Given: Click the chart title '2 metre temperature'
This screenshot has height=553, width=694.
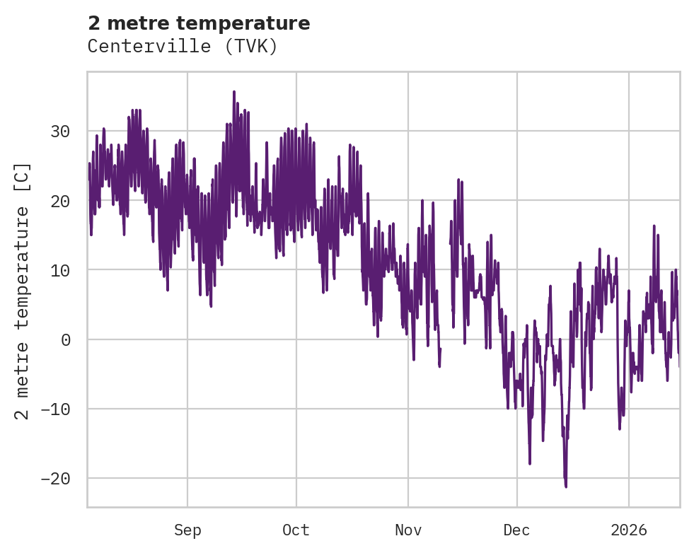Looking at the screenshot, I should (199, 23).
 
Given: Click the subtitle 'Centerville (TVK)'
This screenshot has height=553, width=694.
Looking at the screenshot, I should (183, 47).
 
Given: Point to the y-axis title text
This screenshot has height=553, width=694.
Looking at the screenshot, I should (23, 290).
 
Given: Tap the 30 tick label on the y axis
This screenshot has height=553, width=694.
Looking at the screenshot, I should (60, 132).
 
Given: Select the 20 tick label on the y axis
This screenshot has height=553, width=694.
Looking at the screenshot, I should (60, 201).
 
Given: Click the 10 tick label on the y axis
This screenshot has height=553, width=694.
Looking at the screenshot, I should (60, 270).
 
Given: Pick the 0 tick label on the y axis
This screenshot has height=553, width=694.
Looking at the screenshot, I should (66, 339).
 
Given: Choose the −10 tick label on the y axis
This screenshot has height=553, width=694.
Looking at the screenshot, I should (55, 409).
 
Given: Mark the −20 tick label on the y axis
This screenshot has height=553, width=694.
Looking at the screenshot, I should (55, 478).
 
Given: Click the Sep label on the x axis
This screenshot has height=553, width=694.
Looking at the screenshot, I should (187, 530).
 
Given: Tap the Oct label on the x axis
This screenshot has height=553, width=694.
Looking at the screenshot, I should (296, 530).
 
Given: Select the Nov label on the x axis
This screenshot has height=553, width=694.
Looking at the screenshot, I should (408, 530).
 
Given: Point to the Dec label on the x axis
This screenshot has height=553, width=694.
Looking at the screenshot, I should (517, 530).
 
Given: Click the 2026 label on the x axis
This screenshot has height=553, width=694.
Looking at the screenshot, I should (629, 530).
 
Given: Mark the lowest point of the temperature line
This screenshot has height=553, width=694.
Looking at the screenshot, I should (566, 487).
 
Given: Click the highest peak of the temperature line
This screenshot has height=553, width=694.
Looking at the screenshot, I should (234, 91).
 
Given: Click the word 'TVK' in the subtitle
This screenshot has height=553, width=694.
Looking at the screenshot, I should (254, 47).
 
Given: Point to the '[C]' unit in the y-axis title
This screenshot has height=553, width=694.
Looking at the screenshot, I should (23, 177).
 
